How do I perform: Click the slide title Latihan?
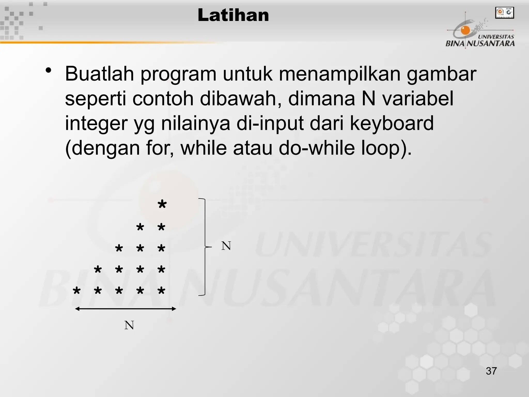click(x=233, y=15)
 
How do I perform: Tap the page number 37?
click(x=491, y=371)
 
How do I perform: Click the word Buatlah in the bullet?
click(x=99, y=74)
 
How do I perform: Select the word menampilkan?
click(x=339, y=74)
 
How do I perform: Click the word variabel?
click(x=417, y=99)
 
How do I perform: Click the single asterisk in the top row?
click(x=162, y=205)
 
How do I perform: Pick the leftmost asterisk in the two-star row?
click(x=140, y=228)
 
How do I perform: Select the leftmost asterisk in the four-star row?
click(x=98, y=270)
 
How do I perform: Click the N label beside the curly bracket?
click(x=226, y=246)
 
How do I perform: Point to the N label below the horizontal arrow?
click(x=129, y=325)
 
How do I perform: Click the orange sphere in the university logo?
click(x=465, y=30)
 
